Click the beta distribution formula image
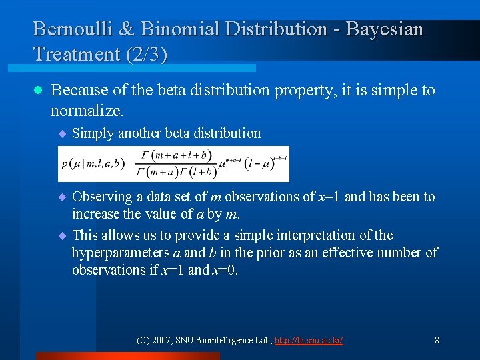174,163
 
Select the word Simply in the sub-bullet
93,133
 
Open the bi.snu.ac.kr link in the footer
309,341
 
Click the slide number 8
437,341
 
